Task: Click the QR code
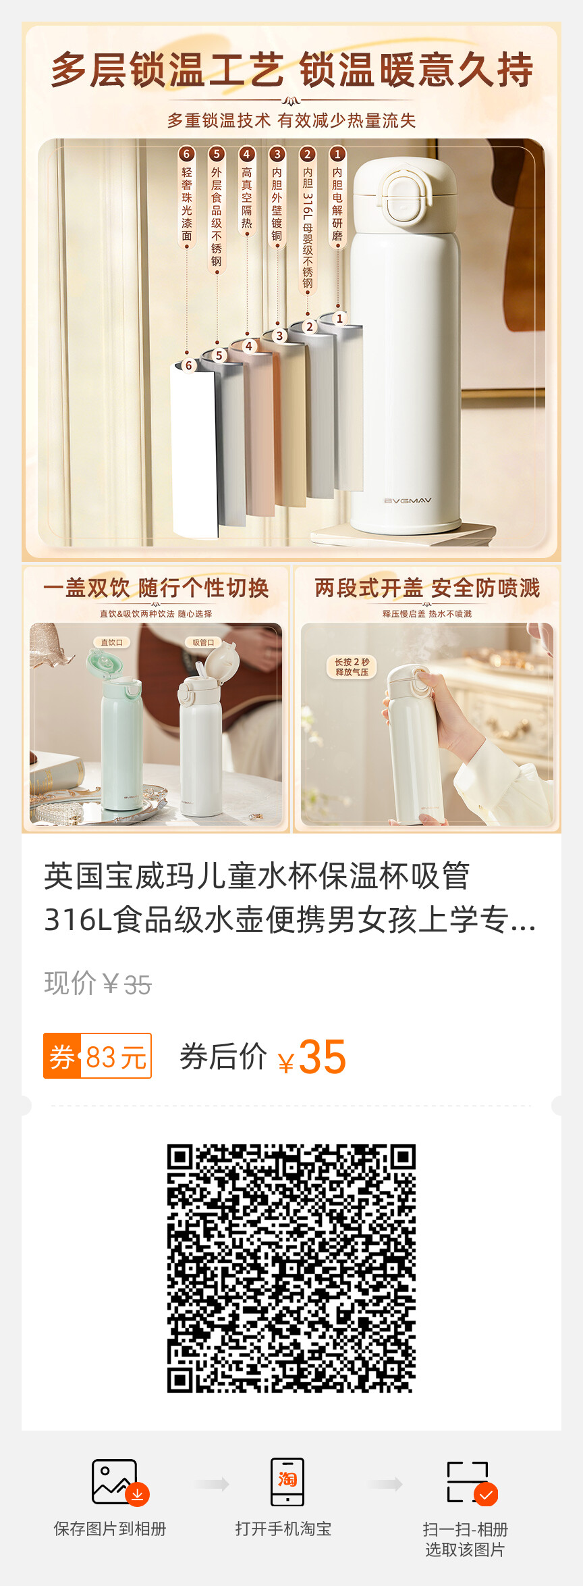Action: coord(291,1268)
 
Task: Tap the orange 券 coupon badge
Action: coord(62,1056)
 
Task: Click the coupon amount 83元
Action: coord(116,1056)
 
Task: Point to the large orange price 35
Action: coord(323,1056)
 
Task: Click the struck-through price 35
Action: coord(138,986)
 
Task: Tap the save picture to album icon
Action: coord(119,1482)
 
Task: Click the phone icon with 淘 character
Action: coord(287,1482)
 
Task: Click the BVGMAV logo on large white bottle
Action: coord(408,501)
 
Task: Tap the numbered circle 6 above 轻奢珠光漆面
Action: coord(187,154)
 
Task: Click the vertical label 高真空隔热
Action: coord(247,198)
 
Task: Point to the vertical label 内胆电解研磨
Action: coord(337,204)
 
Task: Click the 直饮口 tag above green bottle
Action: coord(111,642)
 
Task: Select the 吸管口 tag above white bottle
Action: coord(203,642)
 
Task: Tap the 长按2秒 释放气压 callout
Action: coord(352,667)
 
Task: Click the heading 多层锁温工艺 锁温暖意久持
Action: coord(291,70)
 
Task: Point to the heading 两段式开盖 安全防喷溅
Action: coord(427,588)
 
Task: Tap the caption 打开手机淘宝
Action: coord(283,1529)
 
